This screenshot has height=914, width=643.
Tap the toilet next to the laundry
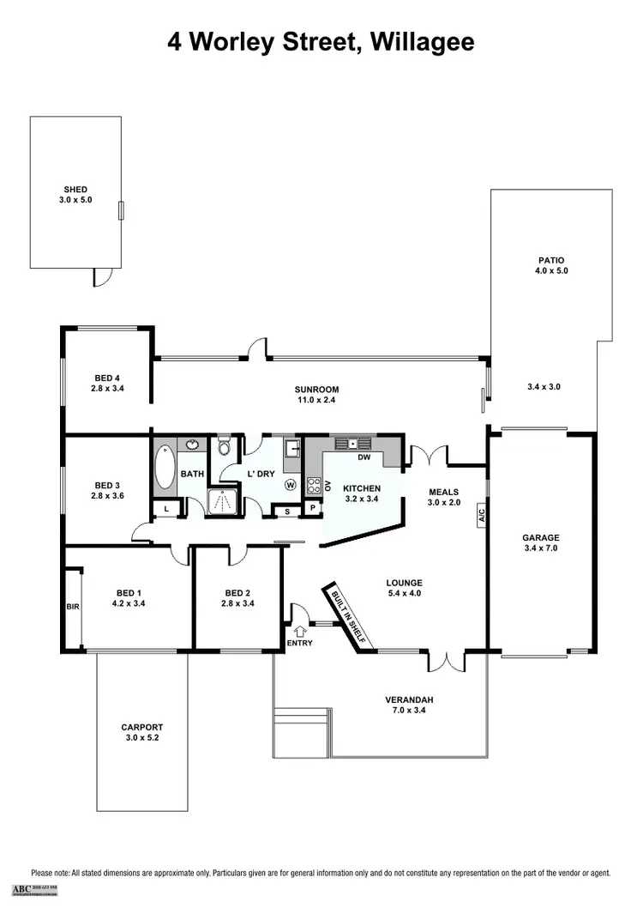(225, 447)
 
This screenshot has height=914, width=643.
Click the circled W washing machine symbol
(291, 485)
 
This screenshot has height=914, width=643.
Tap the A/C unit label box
(482, 518)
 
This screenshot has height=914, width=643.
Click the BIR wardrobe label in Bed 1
(72, 607)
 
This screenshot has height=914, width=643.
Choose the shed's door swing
(103, 277)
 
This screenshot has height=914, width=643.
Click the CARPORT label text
(141, 727)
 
